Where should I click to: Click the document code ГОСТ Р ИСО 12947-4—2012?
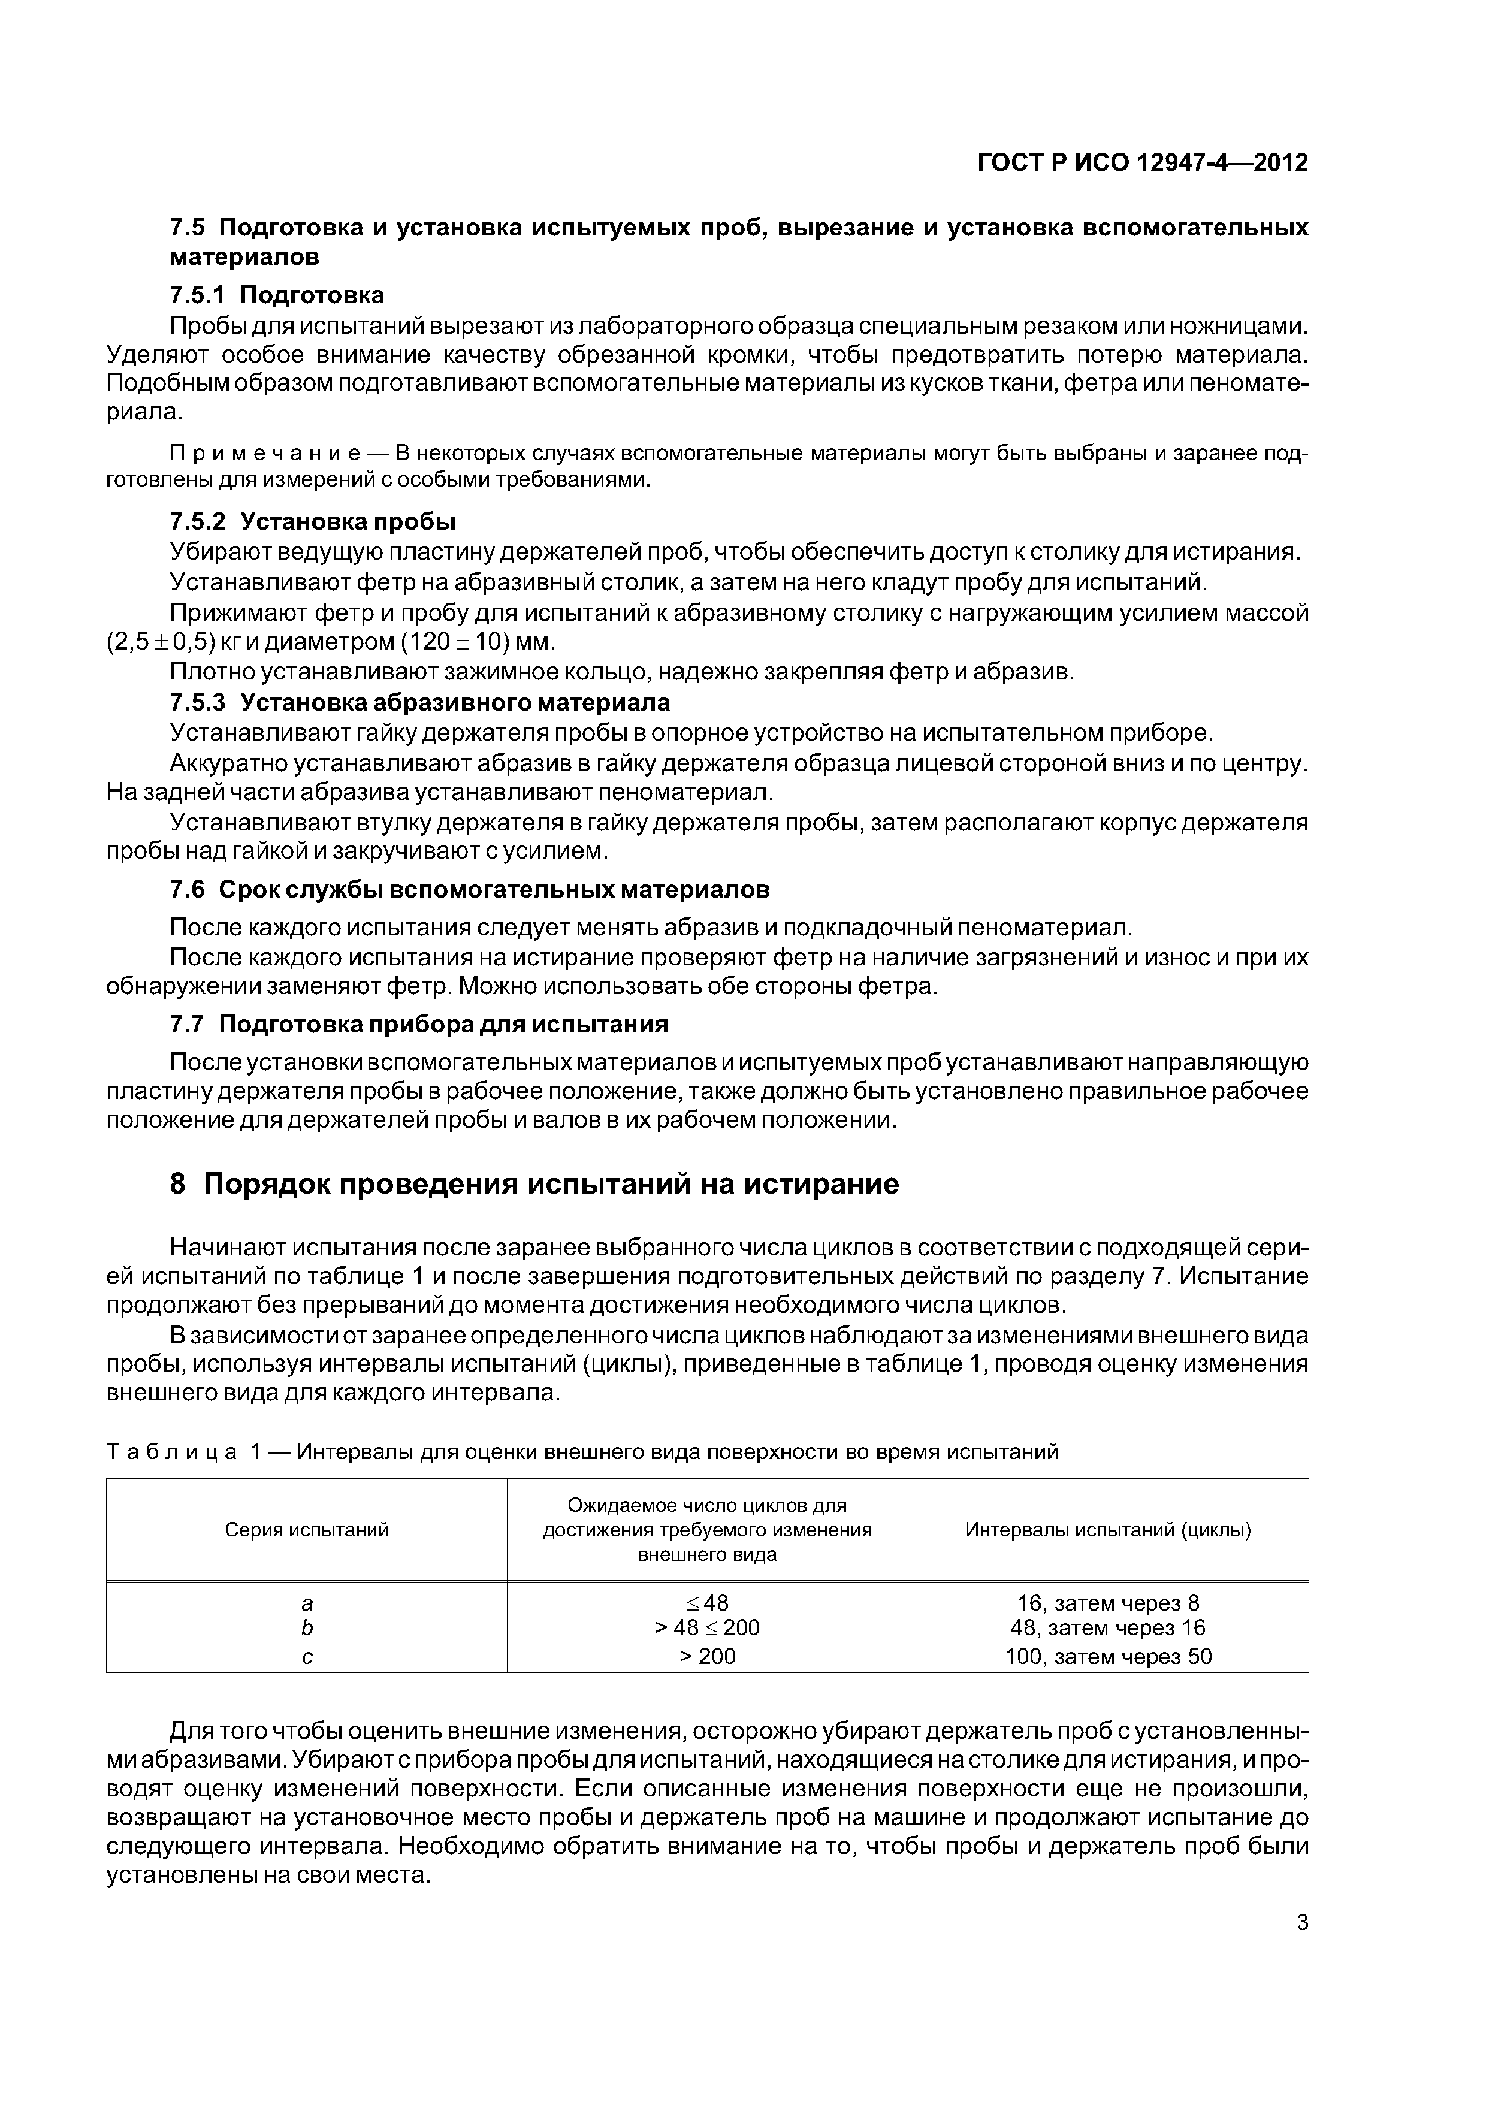click(1143, 163)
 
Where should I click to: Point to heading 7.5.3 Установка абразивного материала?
click(419, 702)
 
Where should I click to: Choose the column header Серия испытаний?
click(307, 1530)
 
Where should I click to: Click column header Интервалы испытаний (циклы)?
click(1108, 1530)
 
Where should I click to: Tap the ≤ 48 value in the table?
click(707, 1603)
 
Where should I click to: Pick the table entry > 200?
click(707, 1655)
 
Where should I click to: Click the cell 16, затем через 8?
click(1108, 1603)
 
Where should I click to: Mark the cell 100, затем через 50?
click(1108, 1655)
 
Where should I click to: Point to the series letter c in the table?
click(307, 1655)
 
